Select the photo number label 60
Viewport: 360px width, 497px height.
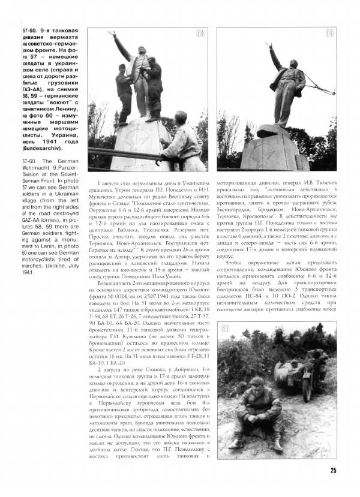(x=224, y=329)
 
